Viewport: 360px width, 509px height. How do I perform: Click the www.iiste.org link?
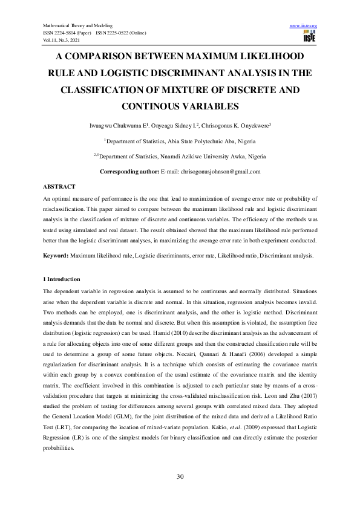[304, 25]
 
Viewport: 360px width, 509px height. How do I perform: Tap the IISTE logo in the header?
[310, 37]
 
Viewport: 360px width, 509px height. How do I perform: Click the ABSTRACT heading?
[59, 187]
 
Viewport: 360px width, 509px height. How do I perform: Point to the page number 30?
[180, 478]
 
